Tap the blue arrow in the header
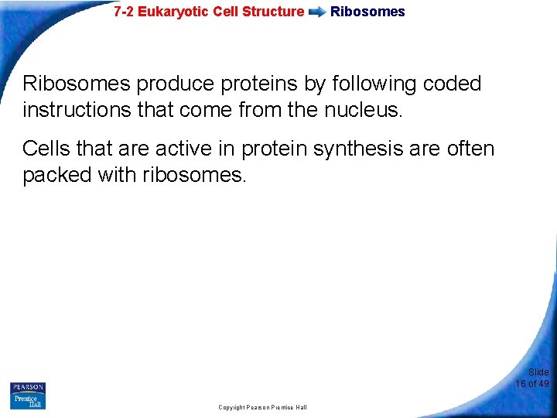click(316, 12)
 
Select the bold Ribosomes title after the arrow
click(367, 12)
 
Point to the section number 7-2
click(124, 12)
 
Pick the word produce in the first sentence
click(173, 84)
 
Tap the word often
click(470, 148)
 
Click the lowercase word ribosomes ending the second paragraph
click(194, 174)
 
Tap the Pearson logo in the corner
click(28, 388)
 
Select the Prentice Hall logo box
click(28, 401)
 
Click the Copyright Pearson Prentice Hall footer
click(262, 407)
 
